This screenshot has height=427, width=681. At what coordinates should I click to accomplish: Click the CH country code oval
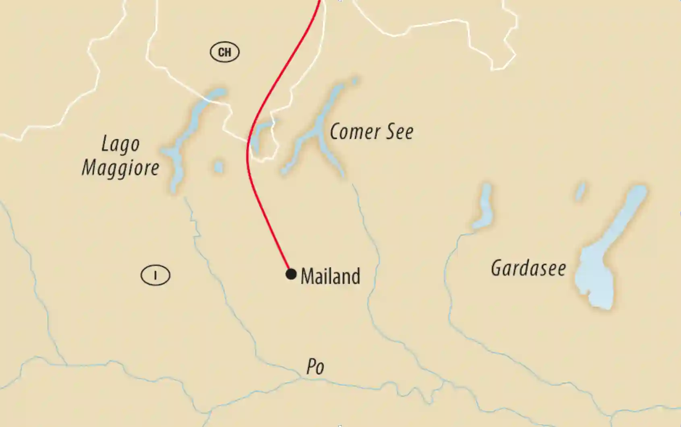(x=225, y=52)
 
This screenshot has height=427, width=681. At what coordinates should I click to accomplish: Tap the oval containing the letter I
(x=155, y=275)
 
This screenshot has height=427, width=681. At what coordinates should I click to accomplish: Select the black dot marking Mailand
(x=291, y=274)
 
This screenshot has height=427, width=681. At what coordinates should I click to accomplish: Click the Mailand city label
(x=330, y=276)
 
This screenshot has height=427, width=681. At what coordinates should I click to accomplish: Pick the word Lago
(x=120, y=144)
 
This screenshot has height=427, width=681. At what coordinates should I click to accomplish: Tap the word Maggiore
(x=120, y=167)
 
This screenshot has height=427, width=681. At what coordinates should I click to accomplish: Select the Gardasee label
(x=528, y=268)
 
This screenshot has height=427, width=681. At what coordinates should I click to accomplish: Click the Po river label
(x=315, y=367)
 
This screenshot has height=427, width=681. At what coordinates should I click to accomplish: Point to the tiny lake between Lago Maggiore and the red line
(x=219, y=167)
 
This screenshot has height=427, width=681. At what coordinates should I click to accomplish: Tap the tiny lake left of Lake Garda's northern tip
(x=580, y=192)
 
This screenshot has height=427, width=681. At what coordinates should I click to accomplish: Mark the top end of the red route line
(x=320, y=2)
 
